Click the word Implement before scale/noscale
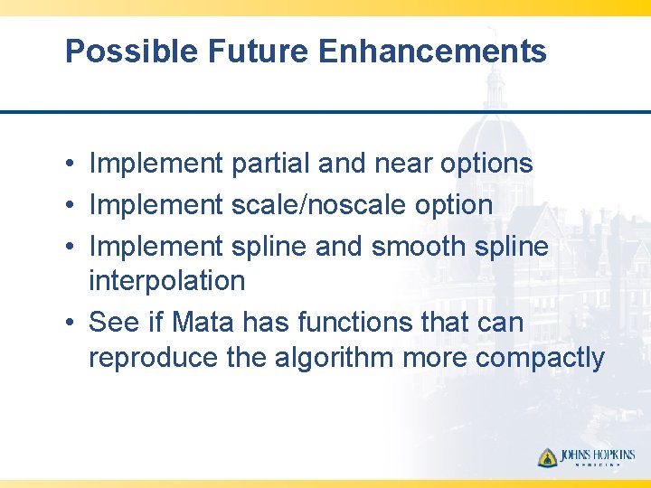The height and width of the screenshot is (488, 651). (156, 205)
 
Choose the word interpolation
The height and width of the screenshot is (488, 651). (166, 281)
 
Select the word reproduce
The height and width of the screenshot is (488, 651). (154, 358)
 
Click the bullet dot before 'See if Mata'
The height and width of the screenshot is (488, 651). (70, 323)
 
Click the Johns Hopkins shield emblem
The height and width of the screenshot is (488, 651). (548, 457)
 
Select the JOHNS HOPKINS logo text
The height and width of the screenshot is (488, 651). (598, 455)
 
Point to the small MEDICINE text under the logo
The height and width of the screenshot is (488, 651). (598, 466)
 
